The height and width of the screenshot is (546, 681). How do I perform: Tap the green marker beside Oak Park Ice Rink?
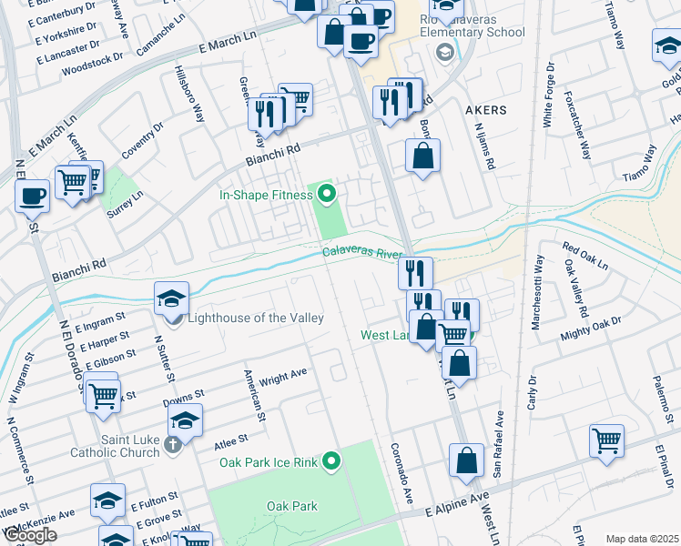(331, 462)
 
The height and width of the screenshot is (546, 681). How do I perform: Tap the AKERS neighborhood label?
(485, 110)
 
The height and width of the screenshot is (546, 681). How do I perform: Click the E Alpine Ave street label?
(458, 505)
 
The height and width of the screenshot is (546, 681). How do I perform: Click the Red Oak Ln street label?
(584, 255)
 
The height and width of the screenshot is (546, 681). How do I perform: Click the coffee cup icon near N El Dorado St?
(32, 196)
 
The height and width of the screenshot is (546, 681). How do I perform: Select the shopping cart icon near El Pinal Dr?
(606, 440)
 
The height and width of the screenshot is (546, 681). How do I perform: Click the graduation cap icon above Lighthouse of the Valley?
(171, 298)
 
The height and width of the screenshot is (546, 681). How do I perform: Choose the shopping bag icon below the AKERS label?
(423, 155)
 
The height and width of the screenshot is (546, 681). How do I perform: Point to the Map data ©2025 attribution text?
(641, 539)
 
